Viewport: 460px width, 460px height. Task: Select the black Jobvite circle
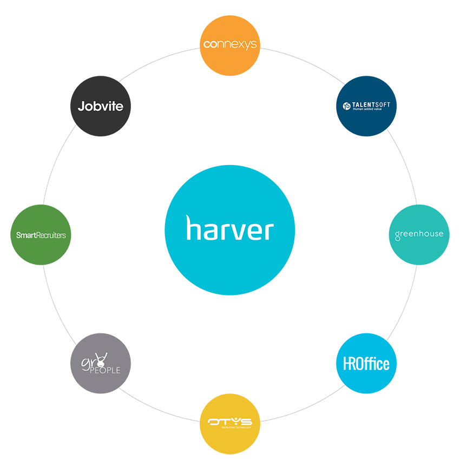pyautogui.click(x=101, y=106)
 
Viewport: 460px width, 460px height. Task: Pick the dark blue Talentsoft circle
pyautogui.click(x=366, y=106)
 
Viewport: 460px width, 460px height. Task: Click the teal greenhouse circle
pyautogui.click(x=419, y=234)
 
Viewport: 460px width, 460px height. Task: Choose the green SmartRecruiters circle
pyautogui.click(x=41, y=234)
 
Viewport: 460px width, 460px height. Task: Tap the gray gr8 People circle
pyautogui.click(x=101, y=363)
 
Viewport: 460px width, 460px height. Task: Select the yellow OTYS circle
pyautogui.click(x=230, y=424)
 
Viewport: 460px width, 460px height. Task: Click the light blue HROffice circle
pyautogui.click(x=366, y=363)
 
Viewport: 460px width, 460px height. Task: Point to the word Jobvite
pyautogui.click(x=101, y=106)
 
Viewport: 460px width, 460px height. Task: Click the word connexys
pyautogui.click(x=230, y=44)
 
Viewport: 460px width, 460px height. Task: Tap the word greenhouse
pyautogui.click(x=419, y=235)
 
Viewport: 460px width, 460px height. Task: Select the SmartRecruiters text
pyautogui.click(x=41, y=235)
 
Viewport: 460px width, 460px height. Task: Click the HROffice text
pyautogui.click(x=366, y=364)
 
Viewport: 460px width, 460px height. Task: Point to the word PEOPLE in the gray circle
pyautogui.click(x=106, y=370)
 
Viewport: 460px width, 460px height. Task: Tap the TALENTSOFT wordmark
pyautogui.click(x=371, y=103)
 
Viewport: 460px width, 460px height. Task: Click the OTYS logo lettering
pyautogui.click(x=230, y=422)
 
